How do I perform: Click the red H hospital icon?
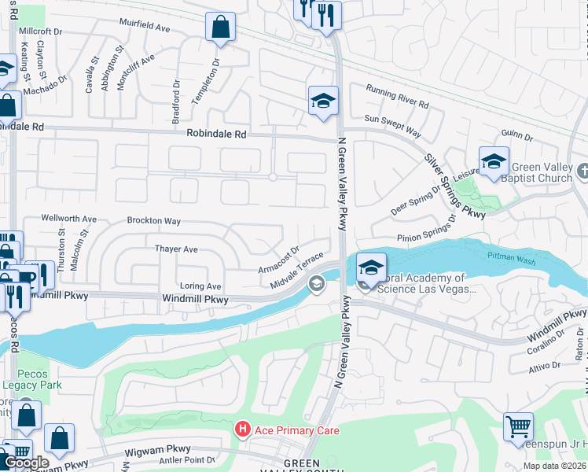pyautogui.click(x=243, y=429)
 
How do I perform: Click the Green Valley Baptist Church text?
pyautogui.click(x=542, y=172)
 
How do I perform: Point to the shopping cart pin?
pyautogui.click(x=519, y=428)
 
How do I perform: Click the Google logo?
pyautogui.click(x=26, y=463)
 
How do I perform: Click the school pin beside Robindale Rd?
pyautogui.click(x=322, y=101)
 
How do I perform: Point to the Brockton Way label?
pyautogui.click(x=154, y=221)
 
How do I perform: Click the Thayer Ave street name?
pyautogui.click(x=176, y=249)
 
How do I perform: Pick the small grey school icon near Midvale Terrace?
pyautogui.click(x=317, y=284)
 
